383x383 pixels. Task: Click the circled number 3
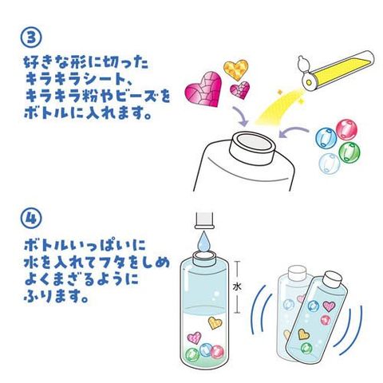[31, 38]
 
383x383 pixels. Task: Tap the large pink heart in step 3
[203, 89]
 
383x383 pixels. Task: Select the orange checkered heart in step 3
[235, 70]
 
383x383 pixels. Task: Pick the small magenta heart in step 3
[240, 90]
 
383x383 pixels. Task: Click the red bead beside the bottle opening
[346, 129]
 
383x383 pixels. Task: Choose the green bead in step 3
[349, 152]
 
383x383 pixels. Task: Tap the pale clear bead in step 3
[330, 163]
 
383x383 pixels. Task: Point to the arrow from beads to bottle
[293, 132]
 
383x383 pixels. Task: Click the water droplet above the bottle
[203, 242]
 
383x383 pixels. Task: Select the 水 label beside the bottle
[237, 286]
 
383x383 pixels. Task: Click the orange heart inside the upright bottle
[215, 323]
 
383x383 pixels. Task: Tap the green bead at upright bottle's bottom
[192, 354]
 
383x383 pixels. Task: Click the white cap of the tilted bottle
[333, 280]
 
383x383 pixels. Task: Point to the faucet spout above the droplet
[204, 220]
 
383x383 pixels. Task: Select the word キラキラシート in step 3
[75, 79]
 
